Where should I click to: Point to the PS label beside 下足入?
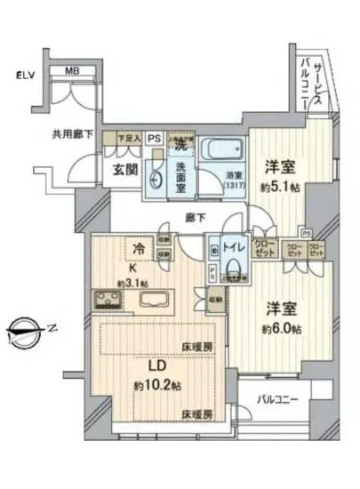(154, 138)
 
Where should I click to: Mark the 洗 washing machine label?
(180, 142)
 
